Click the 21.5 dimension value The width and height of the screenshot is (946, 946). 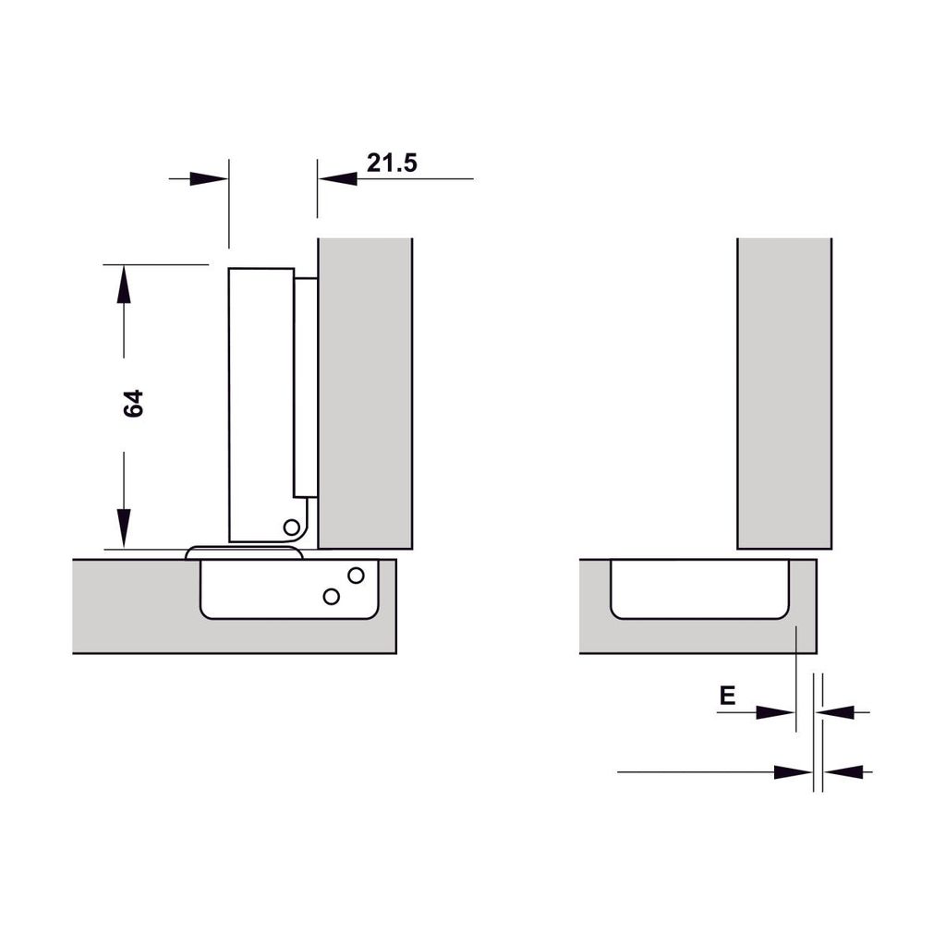392,164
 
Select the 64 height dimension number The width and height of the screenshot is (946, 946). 135,404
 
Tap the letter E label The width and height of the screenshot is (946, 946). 728,696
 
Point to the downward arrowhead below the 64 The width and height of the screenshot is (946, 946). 124,528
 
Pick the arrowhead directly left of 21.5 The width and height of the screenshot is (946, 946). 338,178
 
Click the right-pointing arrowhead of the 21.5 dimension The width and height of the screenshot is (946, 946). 209,178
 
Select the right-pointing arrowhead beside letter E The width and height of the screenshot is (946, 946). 775,712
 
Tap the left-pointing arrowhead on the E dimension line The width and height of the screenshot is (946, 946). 835,712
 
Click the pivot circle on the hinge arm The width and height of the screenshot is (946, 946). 292,528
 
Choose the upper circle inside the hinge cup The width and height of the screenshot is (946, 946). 356,575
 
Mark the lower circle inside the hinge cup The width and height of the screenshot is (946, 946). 331,596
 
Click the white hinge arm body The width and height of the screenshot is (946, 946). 259,397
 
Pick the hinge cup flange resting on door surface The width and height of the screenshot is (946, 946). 245,552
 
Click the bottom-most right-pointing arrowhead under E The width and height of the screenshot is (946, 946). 793,771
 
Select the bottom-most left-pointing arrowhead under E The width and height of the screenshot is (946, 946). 844,771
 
